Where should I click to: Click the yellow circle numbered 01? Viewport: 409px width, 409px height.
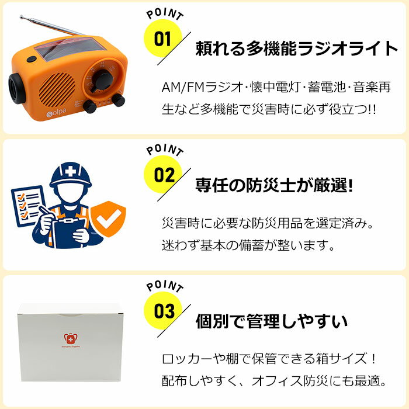(x=163, y=39)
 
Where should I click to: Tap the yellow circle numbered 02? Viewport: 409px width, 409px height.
(x=163, y=175)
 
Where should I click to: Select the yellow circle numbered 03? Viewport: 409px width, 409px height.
(x=163, y=311)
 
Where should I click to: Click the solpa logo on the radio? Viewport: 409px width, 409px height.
(x=56, y=113)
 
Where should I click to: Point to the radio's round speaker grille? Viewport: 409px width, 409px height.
(x=57, y=90)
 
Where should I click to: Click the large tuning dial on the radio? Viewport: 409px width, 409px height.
(x=103, y=79)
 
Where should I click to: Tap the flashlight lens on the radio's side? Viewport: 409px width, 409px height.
(x=17, y=88)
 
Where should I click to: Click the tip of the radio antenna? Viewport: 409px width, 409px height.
(x=21, y=17)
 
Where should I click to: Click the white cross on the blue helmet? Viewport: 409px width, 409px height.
(x=70, y=171)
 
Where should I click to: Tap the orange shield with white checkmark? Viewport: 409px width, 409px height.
(x=108, y=219)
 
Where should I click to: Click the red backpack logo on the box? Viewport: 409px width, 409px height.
(x=71, y=339)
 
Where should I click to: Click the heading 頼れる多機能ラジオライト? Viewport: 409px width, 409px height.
(x=297, y=48)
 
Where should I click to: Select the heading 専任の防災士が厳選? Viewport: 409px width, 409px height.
(x=274, y=185)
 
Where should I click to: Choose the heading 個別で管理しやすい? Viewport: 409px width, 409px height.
(x=272, y=321)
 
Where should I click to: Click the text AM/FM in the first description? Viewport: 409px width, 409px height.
(x=183, y=87)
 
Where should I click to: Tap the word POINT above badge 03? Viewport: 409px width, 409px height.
(x=165, y=286)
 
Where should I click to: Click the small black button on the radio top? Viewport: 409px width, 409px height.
(x=32, y=59)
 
